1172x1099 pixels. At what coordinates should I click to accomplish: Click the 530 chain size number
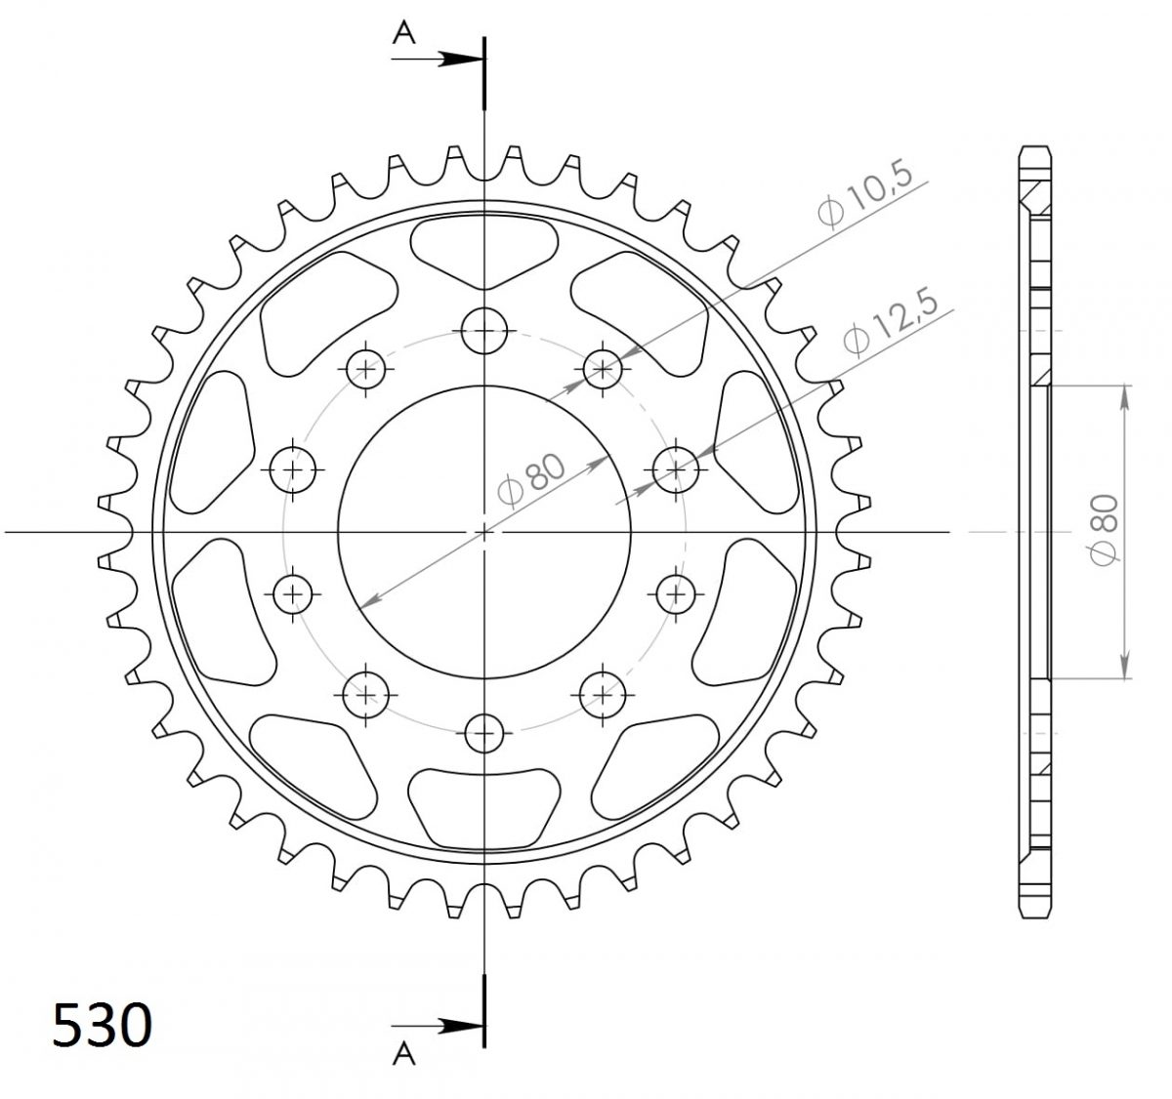(x=103, y=1025)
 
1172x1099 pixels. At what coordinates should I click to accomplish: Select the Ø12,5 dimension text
(x=890, y=321)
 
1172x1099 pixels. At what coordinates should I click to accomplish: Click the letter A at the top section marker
(x=404, y=32)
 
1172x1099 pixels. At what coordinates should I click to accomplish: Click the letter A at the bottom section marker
(x=404, y=1053)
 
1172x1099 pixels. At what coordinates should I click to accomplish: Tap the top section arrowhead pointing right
(x=460, y=59)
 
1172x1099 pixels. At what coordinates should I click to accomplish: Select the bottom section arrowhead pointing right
(x=460, y=1026)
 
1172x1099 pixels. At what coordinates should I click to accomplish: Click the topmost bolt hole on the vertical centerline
(x=483, y=330)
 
